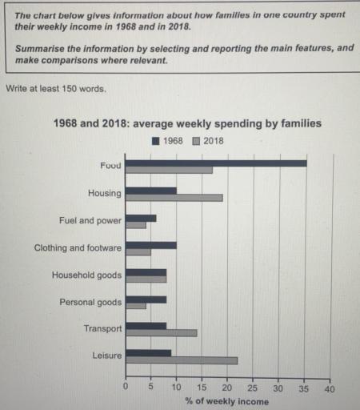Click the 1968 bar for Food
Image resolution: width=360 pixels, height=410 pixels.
tap(216, 163)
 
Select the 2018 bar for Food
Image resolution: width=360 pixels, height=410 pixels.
tap(170, 170)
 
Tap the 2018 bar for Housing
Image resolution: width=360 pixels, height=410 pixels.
tap(174, 197)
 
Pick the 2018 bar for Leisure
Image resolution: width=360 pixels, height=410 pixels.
tap(182, 360)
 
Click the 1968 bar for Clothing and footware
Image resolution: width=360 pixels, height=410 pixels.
tap(151, 245)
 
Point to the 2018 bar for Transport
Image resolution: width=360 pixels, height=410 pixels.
tap(162, 333)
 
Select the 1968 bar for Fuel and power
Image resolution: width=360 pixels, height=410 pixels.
tap(142, 218)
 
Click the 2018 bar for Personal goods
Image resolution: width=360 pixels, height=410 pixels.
tap(137, 306)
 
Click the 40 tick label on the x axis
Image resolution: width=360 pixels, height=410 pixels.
tap(329, 388)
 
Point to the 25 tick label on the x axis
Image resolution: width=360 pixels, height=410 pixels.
tap(253, 388)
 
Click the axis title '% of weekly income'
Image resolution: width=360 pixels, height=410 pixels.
tap(227, 401)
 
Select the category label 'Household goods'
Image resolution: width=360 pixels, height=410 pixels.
tap(86, 275)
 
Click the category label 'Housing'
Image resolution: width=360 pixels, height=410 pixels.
tap(105, 193)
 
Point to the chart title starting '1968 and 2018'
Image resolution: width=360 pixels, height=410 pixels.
tap(187, 124)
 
